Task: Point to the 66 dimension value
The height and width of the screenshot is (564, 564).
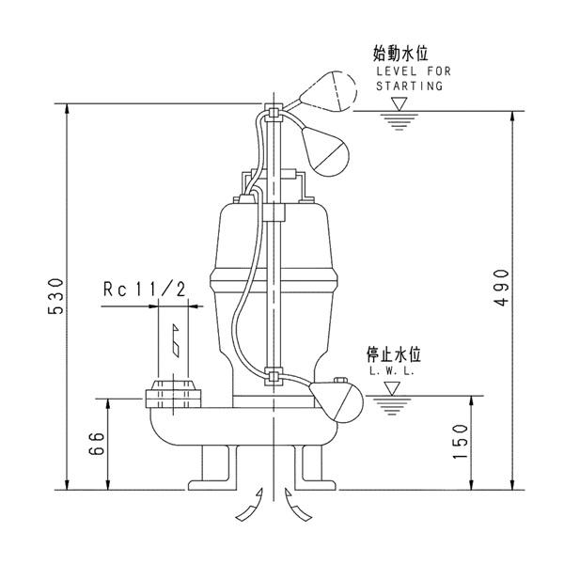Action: point(96,443)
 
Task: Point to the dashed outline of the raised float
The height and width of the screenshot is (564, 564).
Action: point(331,92)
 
